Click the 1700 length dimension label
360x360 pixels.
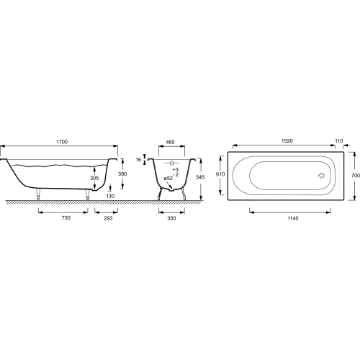point(62,142)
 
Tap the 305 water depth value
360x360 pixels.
point(94,178)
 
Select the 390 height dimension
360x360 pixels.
point(122,174)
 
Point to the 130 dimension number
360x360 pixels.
point(110,196)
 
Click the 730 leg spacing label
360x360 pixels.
point(66,218)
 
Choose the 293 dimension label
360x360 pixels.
point(108,218)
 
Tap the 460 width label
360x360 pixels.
point(170,142)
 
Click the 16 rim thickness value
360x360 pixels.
point(138,159)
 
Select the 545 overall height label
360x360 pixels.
point(200,177)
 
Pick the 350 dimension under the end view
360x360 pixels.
point(171,218)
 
